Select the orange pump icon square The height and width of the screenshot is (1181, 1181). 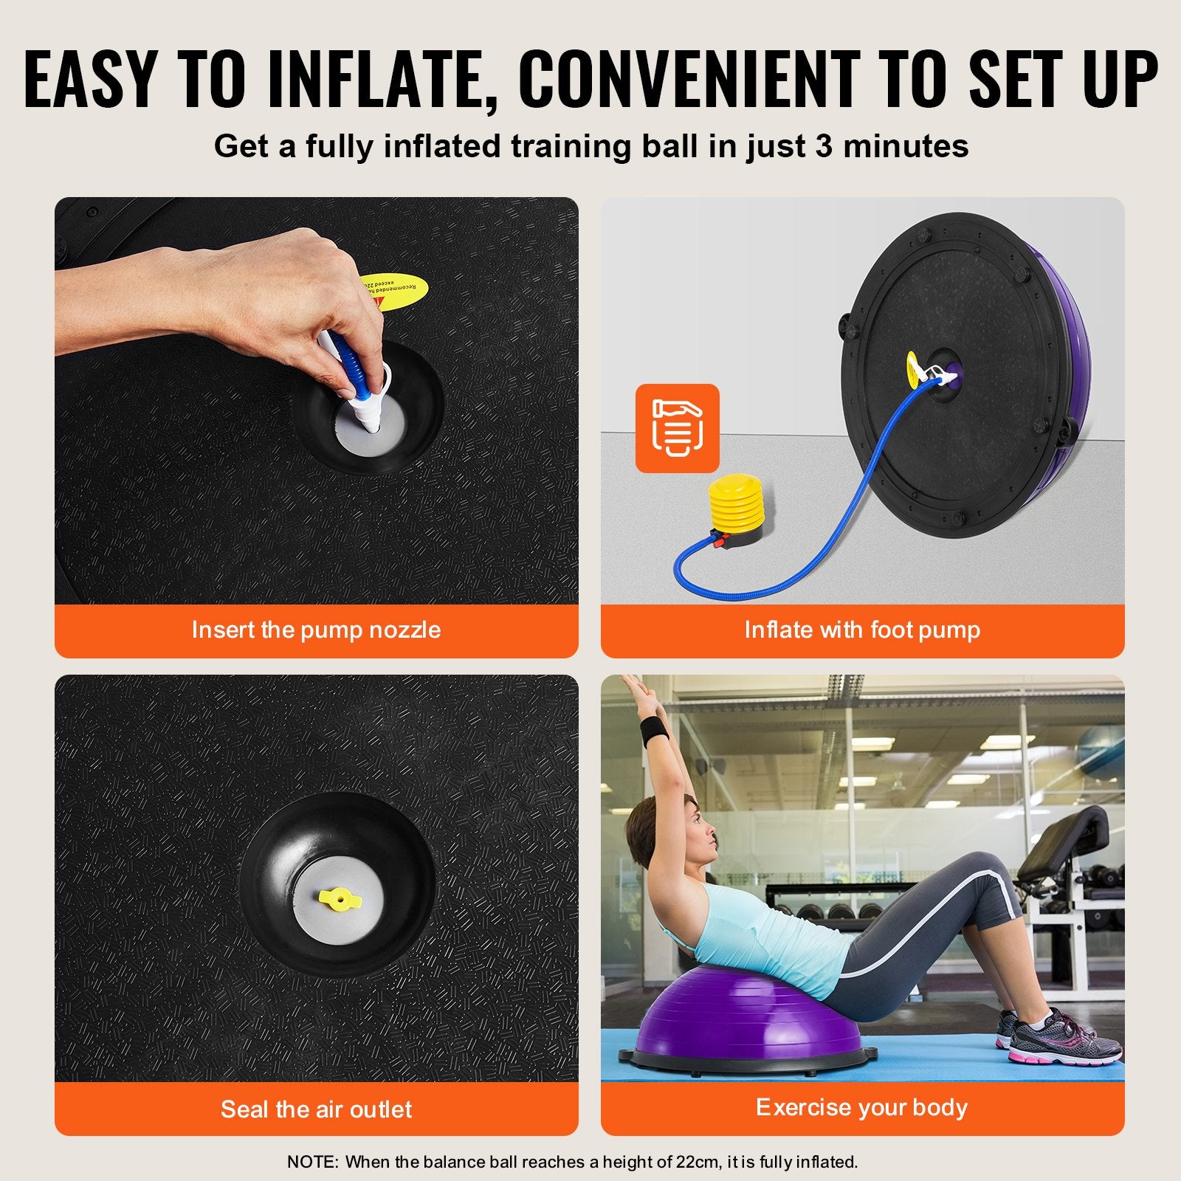tap(677, 428)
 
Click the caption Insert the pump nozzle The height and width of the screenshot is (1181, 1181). tap(316, 630)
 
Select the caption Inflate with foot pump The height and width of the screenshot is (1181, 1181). tap(862, 630)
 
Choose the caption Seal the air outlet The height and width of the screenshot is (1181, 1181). tap(316, 1109)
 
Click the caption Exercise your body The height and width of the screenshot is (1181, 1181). tap(861, 1107)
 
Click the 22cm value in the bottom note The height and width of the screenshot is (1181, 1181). tap(696, 1162)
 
